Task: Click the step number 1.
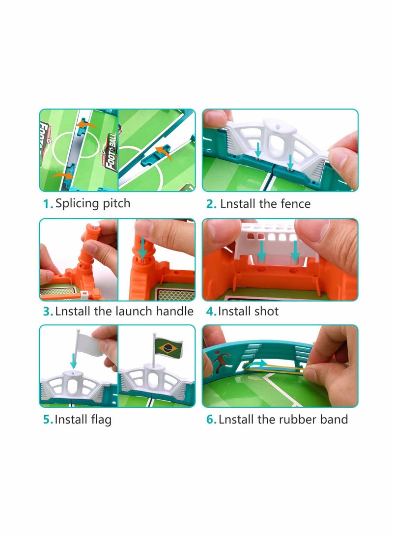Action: click(x=47, y=204)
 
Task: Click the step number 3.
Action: click(x=47, y=311)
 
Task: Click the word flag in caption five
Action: click(x=100, y=420)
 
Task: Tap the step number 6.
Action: click(x=211, y=420)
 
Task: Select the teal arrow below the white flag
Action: click(x=74, y=362)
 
